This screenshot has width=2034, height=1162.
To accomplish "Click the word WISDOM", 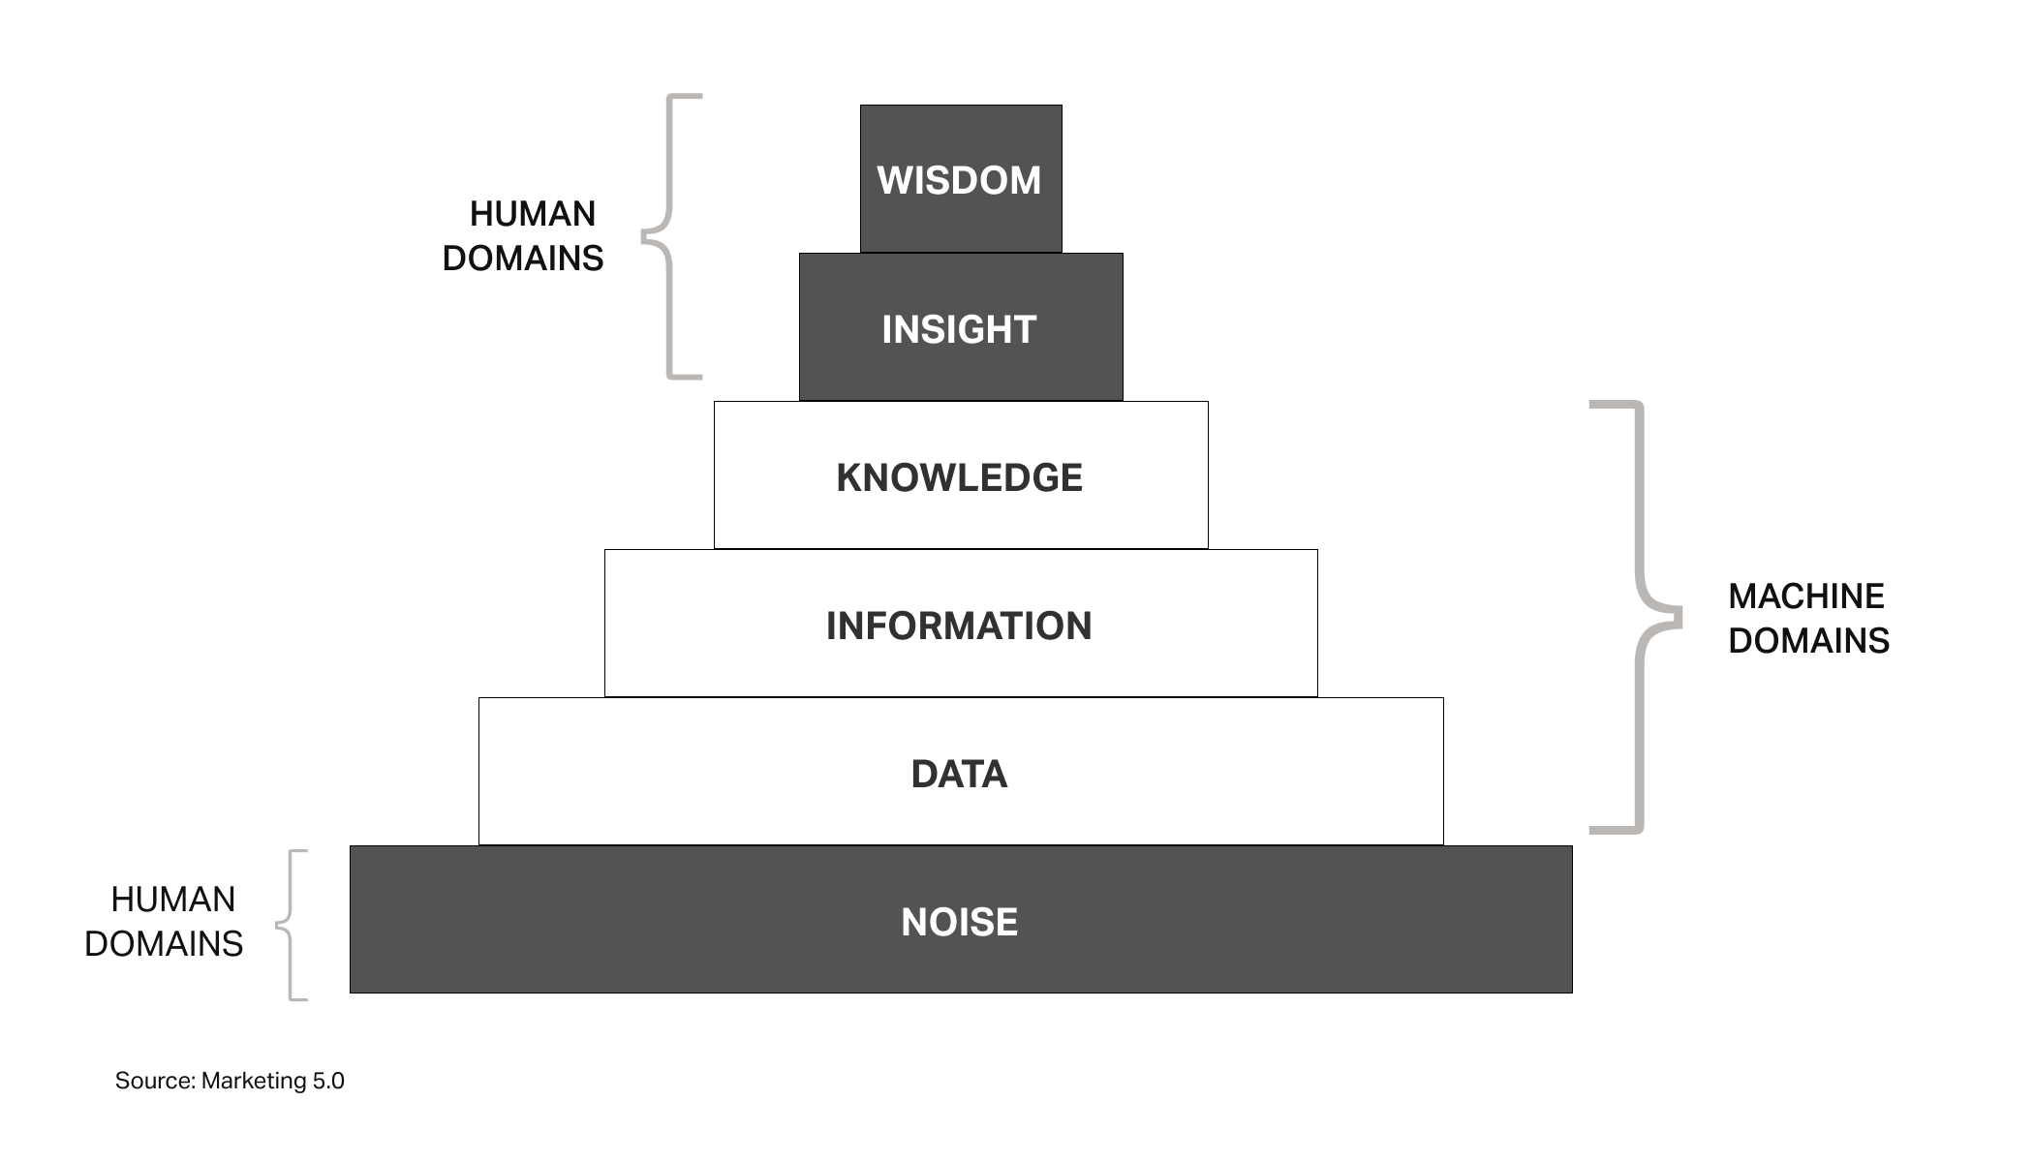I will click(x=959, y=180).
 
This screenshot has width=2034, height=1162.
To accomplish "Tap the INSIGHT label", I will click(x=959, y=329).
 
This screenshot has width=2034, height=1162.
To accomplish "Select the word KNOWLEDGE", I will click(x=959, y=477).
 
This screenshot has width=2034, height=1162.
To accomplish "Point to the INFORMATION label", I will click(x=959, y=626).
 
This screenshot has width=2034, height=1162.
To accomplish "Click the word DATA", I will click(x=959, y=774).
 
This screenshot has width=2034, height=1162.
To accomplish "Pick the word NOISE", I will click(x=959, y=922).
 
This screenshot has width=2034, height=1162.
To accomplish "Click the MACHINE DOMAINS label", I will click(x=1807, y=618).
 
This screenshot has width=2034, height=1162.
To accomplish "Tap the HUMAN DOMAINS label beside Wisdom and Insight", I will click(x=523, y=236).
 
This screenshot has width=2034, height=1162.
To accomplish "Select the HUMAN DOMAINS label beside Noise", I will click(x=165, y=921).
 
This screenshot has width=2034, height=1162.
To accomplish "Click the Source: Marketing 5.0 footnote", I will click(x=230, y=1081).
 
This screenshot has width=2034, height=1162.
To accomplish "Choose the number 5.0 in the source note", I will click(x=327, y=1081).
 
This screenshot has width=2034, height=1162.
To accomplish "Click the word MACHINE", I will click(x=1806, y=596).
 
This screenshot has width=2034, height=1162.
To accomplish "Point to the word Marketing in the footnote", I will click(x=254, y=1081).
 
